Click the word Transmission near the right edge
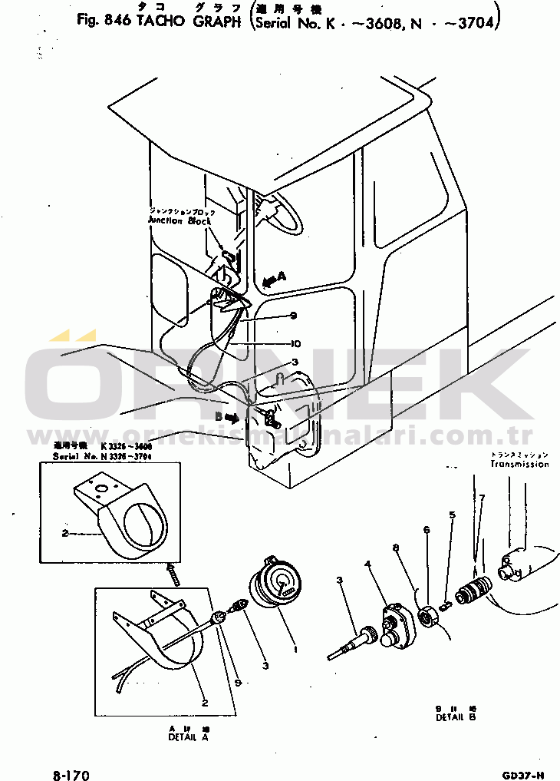pyautogui.click(x=519, y=464)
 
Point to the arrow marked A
pyautogui.click(x=273, y=280)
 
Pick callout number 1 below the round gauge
pyautogui.click(x=295, y=647)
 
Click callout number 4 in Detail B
pyautogui.click(x=368, y=564)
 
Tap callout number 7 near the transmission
pyautogui.click(x=483, y=498)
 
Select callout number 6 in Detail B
pyautogui.click(x=426, y=530)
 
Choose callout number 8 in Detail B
pyautogui.click(x=396, y=548)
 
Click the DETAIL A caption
pyautogui.click(x=188, y=736)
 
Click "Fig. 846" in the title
pyautogui.click(x=104, y=20)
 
